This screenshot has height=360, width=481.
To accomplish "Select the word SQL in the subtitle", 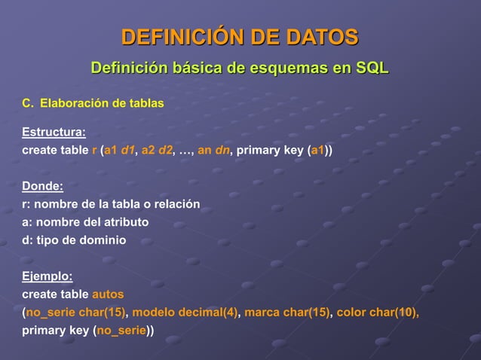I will pos(372,70).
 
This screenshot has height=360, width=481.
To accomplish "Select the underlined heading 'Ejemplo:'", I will pos(47,276).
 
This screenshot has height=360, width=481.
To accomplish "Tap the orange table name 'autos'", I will pos(108,294).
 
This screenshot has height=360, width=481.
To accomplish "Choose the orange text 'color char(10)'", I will pos(378,312).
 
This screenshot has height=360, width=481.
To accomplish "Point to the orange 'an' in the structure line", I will pos(204,150).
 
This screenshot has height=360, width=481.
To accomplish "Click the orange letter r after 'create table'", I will pos(94,150).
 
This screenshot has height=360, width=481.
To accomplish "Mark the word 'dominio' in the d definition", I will pos(106,240).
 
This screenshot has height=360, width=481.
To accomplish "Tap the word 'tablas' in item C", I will pos(146,102).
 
